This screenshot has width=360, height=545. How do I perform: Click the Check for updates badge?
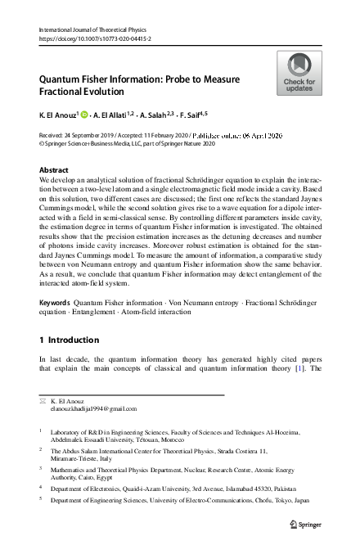click(299, 73)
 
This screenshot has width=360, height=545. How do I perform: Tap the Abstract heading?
click(54, 170)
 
